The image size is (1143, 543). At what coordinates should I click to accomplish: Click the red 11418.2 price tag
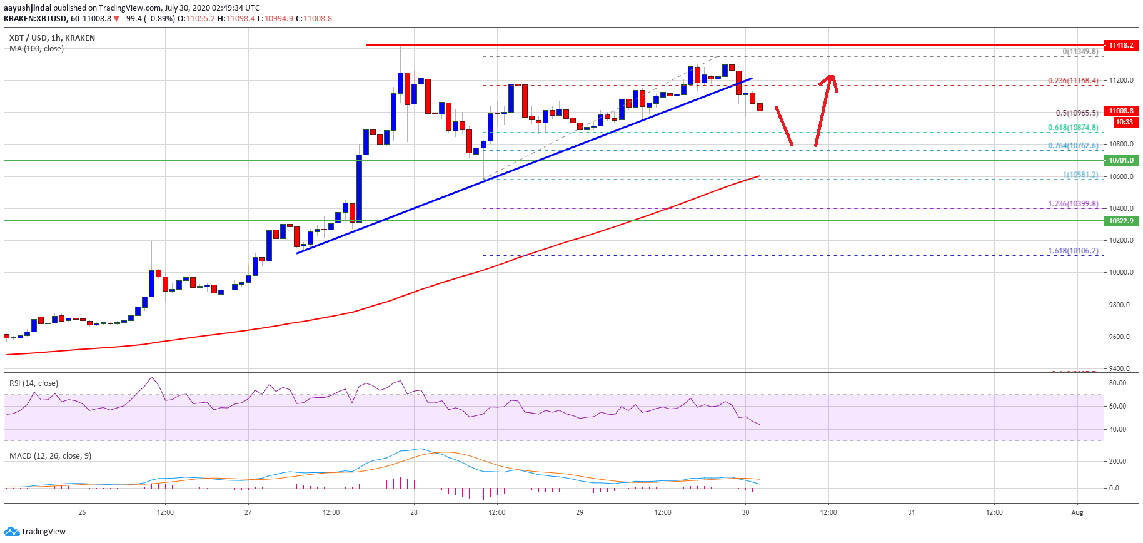click(1121, 45)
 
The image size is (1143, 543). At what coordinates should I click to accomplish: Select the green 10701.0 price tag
click(1121, 160)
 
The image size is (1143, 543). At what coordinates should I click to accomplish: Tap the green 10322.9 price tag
click(1121, 221)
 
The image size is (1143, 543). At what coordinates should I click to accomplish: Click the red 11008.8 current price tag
click(1121, 111)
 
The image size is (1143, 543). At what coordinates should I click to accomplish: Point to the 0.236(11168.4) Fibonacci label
click(1073, 81)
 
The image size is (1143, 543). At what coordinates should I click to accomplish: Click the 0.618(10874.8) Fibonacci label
click(1073, 128)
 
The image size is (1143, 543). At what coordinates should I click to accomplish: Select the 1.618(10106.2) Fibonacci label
click(1073, 251)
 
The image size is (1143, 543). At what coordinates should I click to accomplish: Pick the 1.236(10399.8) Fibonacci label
click(1073, 204)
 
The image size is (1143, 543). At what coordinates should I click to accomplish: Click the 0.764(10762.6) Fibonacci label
click(1073, 146)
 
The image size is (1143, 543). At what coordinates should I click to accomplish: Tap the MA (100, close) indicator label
click(36, 49)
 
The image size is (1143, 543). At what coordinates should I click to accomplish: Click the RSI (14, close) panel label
click(34, 383)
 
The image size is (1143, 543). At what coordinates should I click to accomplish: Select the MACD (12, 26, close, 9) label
click(50, 456)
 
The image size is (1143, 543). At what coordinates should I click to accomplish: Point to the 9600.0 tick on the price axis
click(1119, 337)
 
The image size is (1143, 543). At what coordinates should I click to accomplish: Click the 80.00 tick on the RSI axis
click(1117, 383)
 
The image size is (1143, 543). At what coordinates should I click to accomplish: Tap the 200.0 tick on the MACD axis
click(1117, 461)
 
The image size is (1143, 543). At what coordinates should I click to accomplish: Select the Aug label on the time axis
click(1077, 512)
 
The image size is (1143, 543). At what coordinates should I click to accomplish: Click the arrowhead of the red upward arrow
click(830, 78)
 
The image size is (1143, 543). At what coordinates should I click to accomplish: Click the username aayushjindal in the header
click(28, 8)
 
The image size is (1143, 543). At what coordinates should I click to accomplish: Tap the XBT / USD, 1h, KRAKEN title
click(52, 38)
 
